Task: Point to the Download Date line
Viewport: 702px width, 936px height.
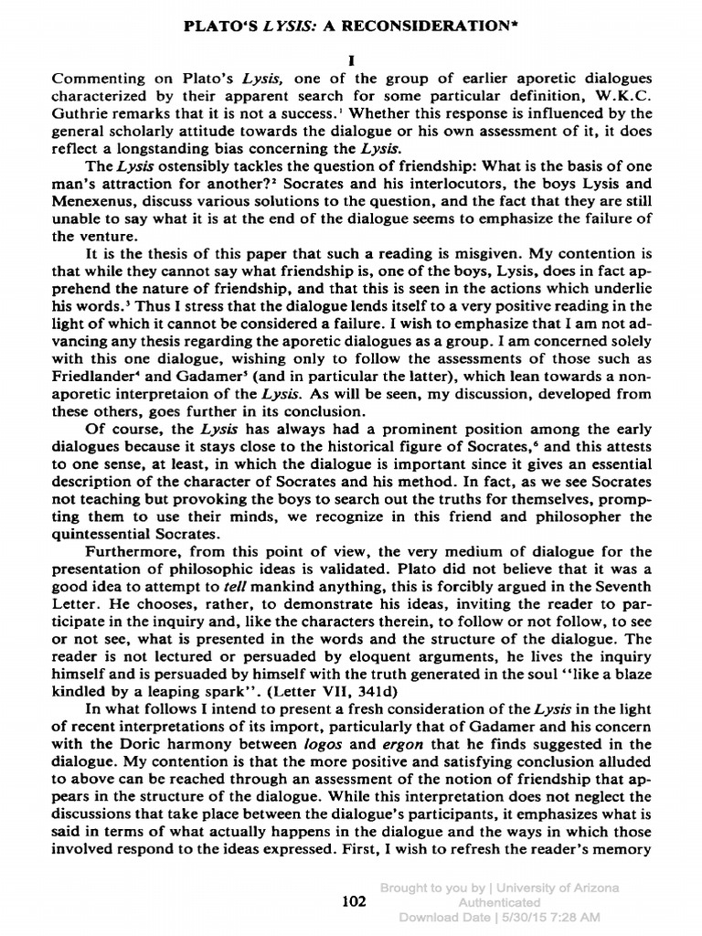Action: pos(500,917)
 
